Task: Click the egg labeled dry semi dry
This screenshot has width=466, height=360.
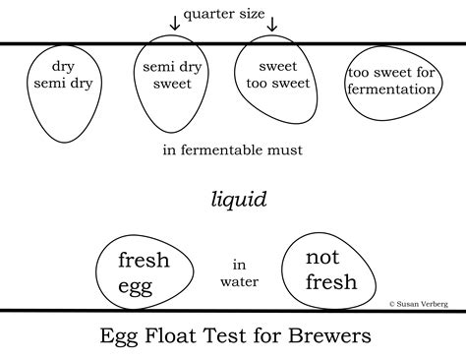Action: [60, 89]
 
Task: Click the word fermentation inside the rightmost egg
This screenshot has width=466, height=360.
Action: [391, 90]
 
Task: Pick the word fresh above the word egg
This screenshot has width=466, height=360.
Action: [144, 261]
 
